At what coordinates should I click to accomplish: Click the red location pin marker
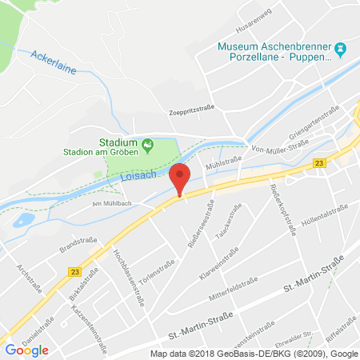coord(180,177)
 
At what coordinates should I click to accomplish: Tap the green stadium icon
coord(148,145)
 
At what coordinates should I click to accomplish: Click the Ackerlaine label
coord(54,61)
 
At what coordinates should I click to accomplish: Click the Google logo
coord(26,349)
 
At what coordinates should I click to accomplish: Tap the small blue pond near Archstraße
coord(22,219)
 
